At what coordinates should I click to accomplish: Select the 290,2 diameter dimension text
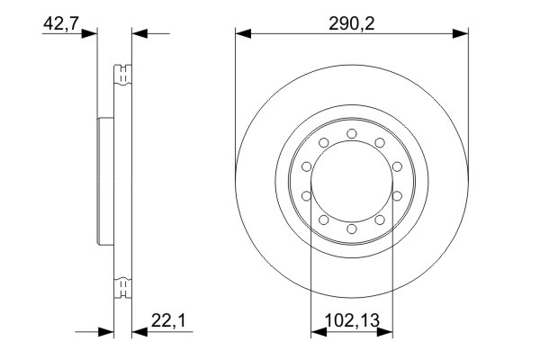352,24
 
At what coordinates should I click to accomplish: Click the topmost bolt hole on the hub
351,134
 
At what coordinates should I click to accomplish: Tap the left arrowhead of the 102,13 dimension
316,332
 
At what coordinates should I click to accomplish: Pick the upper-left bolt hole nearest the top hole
323,143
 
